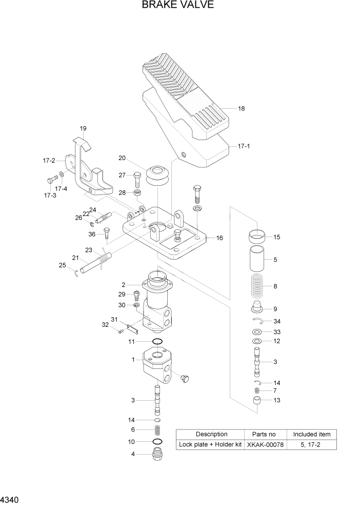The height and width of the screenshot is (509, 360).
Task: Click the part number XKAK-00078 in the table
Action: pos(265,444)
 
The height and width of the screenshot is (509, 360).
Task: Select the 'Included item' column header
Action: pos(311,434)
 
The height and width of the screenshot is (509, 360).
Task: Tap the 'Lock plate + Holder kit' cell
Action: pos(210,444)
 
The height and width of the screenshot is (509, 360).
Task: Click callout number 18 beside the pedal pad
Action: pos(242,109)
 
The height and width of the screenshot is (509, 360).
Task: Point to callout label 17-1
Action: pos(244,146)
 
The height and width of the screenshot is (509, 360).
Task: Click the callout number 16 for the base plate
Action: pos(219,238)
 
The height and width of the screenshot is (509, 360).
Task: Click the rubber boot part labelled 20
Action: pos(158,175)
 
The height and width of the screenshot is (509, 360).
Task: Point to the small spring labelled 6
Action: pos(157,430)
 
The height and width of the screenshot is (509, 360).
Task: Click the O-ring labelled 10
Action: pos(157,441)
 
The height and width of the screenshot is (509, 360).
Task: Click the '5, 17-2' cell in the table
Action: pos(311,444)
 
